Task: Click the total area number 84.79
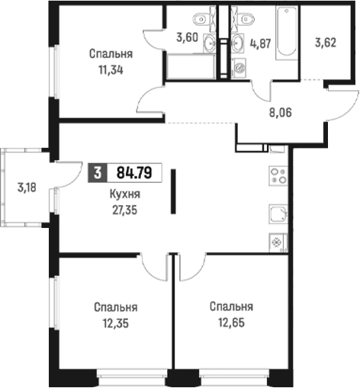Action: point(134,173)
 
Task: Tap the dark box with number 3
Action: point(98,173)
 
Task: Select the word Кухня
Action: point(125,194)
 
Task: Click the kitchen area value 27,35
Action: point(125,210)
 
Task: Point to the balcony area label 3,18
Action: point(27,188)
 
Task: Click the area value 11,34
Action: point(111,70)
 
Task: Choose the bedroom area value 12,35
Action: point(116,323)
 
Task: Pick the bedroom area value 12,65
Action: point(232,322)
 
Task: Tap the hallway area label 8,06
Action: point(281,112)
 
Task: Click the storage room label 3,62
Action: point(326,43)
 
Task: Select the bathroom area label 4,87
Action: point(261,43)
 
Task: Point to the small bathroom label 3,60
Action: point(188,37)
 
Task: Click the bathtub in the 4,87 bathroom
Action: point(287,33)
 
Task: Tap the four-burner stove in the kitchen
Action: point(278,176)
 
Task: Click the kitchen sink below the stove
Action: point(278,214)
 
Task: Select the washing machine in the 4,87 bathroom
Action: point(239,67)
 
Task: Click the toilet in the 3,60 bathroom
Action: point(203,18)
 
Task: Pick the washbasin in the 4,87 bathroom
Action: point(237,43)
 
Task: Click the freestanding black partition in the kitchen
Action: point(173,191)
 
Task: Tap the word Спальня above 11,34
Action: point(111,54)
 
